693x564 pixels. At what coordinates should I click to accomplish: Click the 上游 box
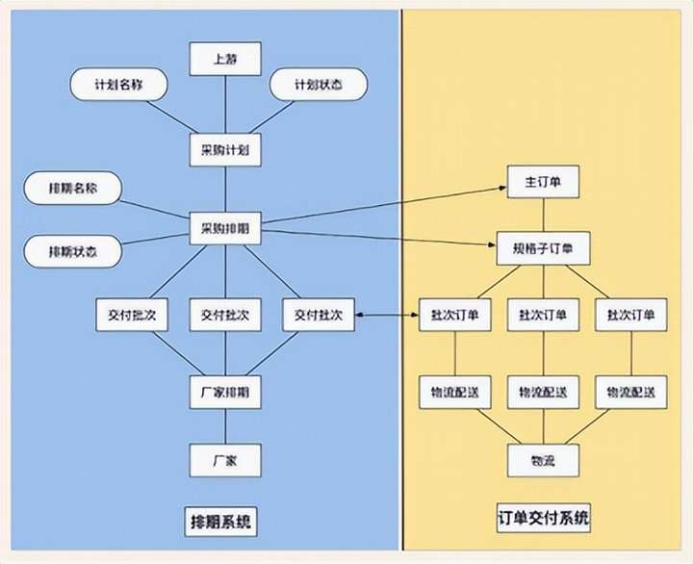click(225, 60)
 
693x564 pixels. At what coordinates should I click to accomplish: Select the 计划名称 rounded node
click(119, 85)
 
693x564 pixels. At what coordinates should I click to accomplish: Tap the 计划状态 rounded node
click(318, 85)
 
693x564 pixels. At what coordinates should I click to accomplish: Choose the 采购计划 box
click(225, 150)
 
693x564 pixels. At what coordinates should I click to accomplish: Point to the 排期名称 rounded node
click(72, 189)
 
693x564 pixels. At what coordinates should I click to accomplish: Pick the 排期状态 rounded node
click(72, 252)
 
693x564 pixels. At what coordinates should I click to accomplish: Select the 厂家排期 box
click(225, 393)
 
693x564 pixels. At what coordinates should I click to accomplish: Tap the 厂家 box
click(225, 460)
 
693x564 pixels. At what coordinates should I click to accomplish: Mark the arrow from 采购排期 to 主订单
click(385, 208)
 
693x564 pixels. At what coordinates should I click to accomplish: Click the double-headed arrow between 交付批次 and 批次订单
click(387, 315)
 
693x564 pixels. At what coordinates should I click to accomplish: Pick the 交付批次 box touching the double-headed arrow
click(318, 315)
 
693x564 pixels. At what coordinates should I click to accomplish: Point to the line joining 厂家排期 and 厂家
click(225, 426)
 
